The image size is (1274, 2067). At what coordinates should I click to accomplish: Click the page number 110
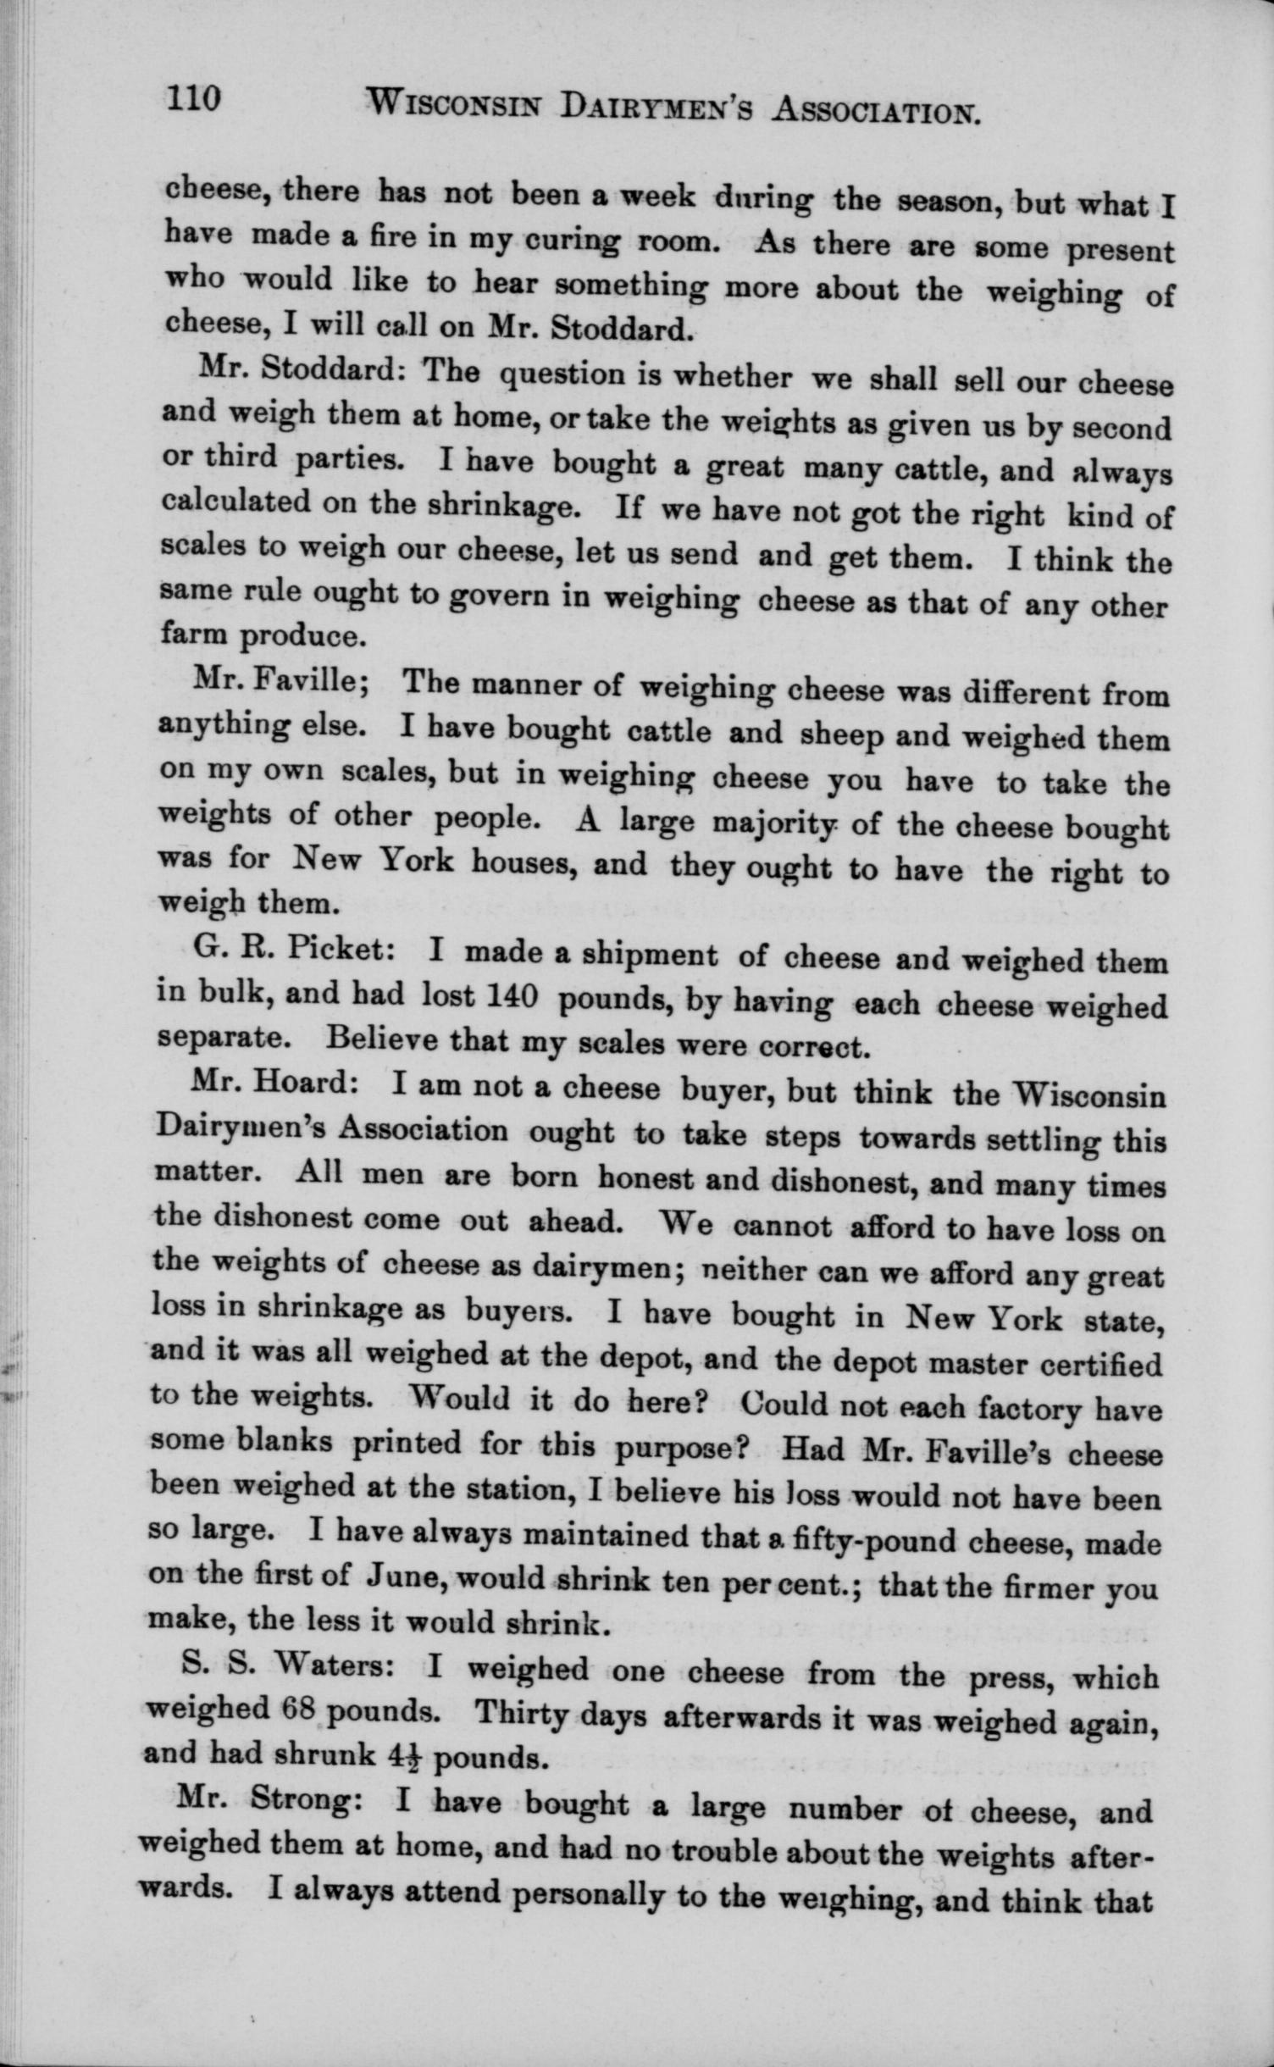click(x=194, y=100)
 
